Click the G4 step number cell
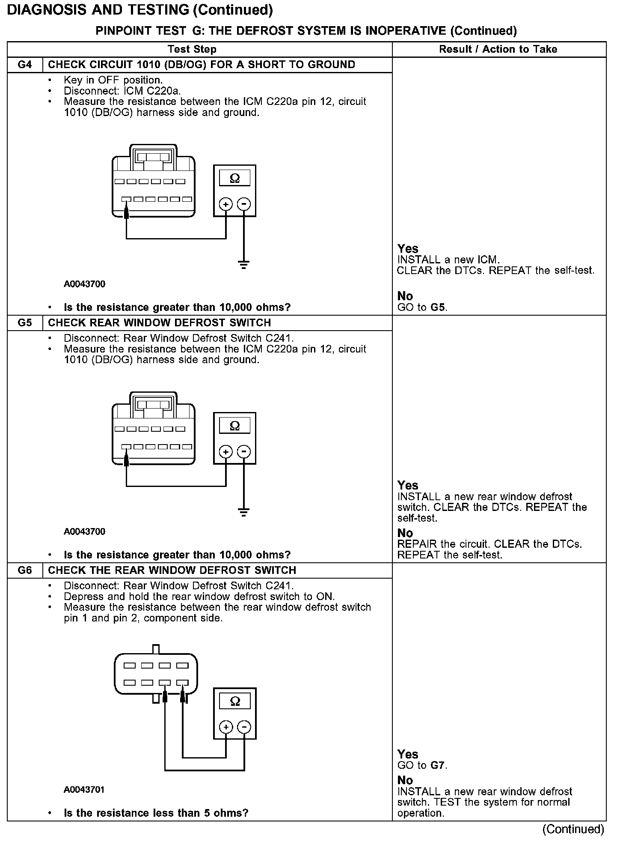click(25, 65)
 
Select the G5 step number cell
click(25, 322)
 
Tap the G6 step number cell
click(25, 570)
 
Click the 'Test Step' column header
click(192, 49)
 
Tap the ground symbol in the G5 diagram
click(243, 512)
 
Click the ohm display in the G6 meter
click(235, 701)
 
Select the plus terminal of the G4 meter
click(226, 204)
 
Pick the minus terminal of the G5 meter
click(244, 452)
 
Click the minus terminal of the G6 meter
click(244, 727)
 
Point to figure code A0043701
click(84, 789)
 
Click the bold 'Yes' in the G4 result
click(408, 249)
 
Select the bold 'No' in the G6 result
click(405, 780)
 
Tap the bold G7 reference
click(438, 765)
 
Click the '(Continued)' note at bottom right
click(573, 830)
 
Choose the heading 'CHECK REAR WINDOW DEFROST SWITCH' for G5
click(160, 322)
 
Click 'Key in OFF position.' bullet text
click(113, 80)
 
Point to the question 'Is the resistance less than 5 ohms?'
click(156, 813)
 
